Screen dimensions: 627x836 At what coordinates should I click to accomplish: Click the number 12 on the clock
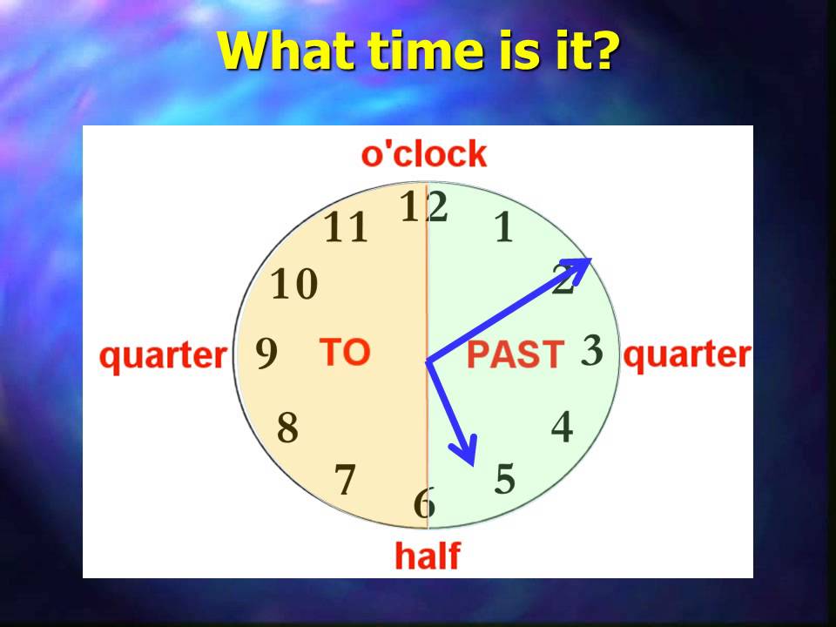[424, 207]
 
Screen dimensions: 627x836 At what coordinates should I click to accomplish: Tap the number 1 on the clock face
[503, 227]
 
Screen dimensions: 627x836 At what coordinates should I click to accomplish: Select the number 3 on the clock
[592, 350]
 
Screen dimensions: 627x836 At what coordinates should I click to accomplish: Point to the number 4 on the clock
[563, 428]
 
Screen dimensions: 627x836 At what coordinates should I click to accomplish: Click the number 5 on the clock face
[505, 479]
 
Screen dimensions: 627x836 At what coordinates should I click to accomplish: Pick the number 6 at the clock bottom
[424, 503]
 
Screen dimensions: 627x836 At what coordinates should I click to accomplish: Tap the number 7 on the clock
[346, 480]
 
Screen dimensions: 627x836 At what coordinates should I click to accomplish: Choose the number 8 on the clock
[287, 428]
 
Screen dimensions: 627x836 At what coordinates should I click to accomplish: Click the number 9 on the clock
[266, 354]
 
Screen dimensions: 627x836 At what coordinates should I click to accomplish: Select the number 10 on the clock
[294, 285]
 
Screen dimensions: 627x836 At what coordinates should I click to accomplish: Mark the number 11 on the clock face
[347, 229]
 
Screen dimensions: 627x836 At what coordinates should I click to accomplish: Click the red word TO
[345, 352]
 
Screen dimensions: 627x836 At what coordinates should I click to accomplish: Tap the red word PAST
[516, 355]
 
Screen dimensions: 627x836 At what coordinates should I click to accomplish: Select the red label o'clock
[424, 154]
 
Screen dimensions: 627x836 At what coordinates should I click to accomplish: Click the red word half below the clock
[428, 555]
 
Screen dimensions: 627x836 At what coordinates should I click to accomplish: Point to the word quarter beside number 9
[163, 356]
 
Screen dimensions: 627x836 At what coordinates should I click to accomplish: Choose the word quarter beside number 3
[687, 355]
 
